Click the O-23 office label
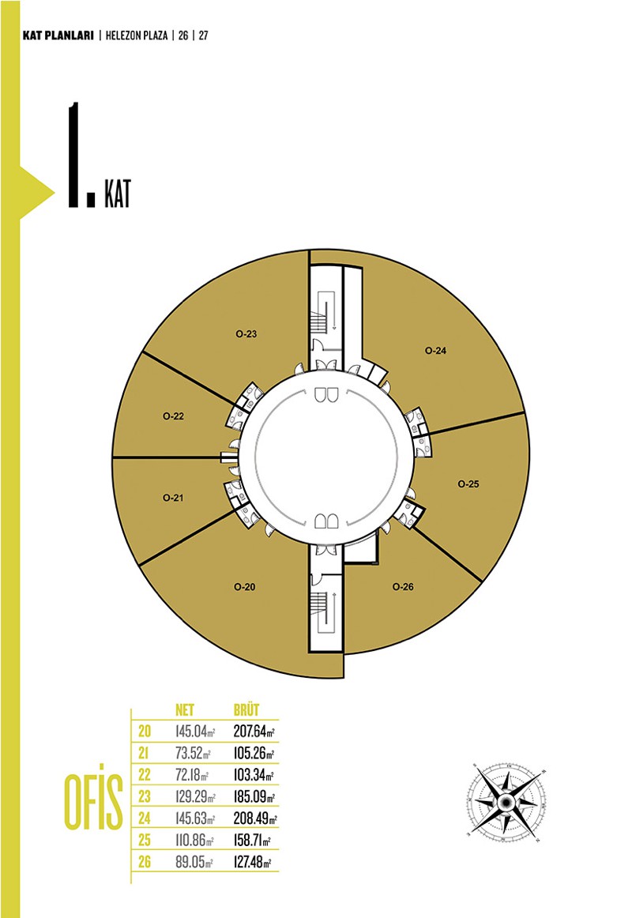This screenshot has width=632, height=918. [246, 334]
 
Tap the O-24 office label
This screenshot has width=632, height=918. [435, 351]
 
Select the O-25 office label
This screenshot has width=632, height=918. [468, 484]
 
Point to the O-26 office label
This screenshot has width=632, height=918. [403, 587]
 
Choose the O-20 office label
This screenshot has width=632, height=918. [245, 587]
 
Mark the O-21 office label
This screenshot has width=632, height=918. [173, 498]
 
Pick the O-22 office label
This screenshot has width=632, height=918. [173, 416]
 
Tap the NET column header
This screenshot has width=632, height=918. [185, 710]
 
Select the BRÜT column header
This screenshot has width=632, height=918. [246, 709]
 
